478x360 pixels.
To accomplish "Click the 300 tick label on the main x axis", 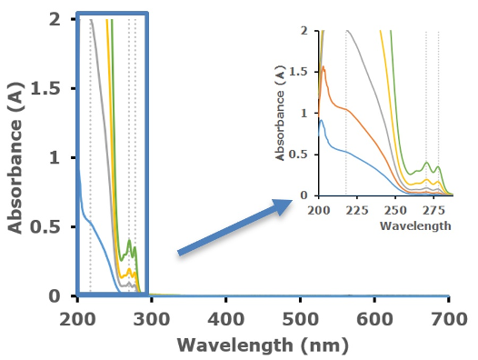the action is pyautogui.click(x=152, y=319).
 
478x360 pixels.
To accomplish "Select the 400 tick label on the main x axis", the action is pyautogui.click(x=226, y=319).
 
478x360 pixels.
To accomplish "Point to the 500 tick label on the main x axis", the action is pyautogui.click(x=301, y=319).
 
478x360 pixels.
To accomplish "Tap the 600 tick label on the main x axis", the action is pyautogui.click(x=374, y=319).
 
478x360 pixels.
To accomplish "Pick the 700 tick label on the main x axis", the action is pyautogui.click(x=449, y=319).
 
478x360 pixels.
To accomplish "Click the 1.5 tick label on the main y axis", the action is pyautogui.click(x=50, y=88).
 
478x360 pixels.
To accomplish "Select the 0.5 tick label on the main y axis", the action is pyautogui.click(x=50, y=226).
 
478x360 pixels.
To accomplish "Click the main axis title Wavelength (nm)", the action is pyautogui.click(x=263, y=345).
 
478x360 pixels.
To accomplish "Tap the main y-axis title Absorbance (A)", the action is pyautogui.click(x=15, y=158).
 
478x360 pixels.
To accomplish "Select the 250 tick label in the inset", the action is pyautogui.click(x=395, y=210).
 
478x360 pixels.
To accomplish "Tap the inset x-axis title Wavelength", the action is pyautogui.click(x=415, y=225).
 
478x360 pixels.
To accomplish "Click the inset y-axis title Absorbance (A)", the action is pyautogui.click(x=280, y=113).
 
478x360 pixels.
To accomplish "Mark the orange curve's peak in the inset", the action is pyautogui.click(x=324, y=66).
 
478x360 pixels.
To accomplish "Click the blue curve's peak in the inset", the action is pyautogui.click(x=321, y=120).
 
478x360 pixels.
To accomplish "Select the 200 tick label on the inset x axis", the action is pyautogui.click(x=319, y=210).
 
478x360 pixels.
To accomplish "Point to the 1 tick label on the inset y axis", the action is pyautogui.click(x=304, y=114).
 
